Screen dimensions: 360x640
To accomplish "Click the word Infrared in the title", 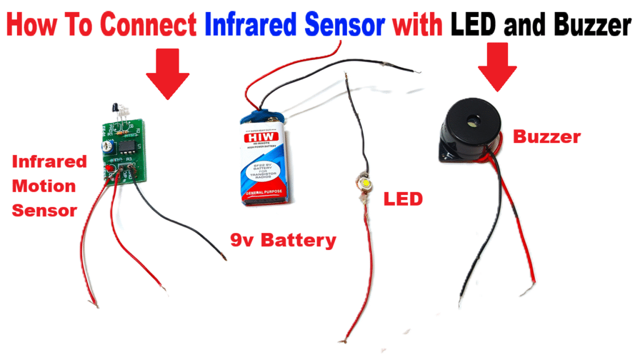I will (251, 25).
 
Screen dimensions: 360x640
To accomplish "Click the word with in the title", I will (416, 25).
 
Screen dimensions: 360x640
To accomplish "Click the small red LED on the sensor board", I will (110, 169).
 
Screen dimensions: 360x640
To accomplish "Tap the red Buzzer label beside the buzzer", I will (547, 136).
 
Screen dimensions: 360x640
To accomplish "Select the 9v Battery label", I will (282, 239).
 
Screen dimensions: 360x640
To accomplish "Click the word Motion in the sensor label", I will (44, 186).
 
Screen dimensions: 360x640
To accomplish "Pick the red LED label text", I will (402, 199).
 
